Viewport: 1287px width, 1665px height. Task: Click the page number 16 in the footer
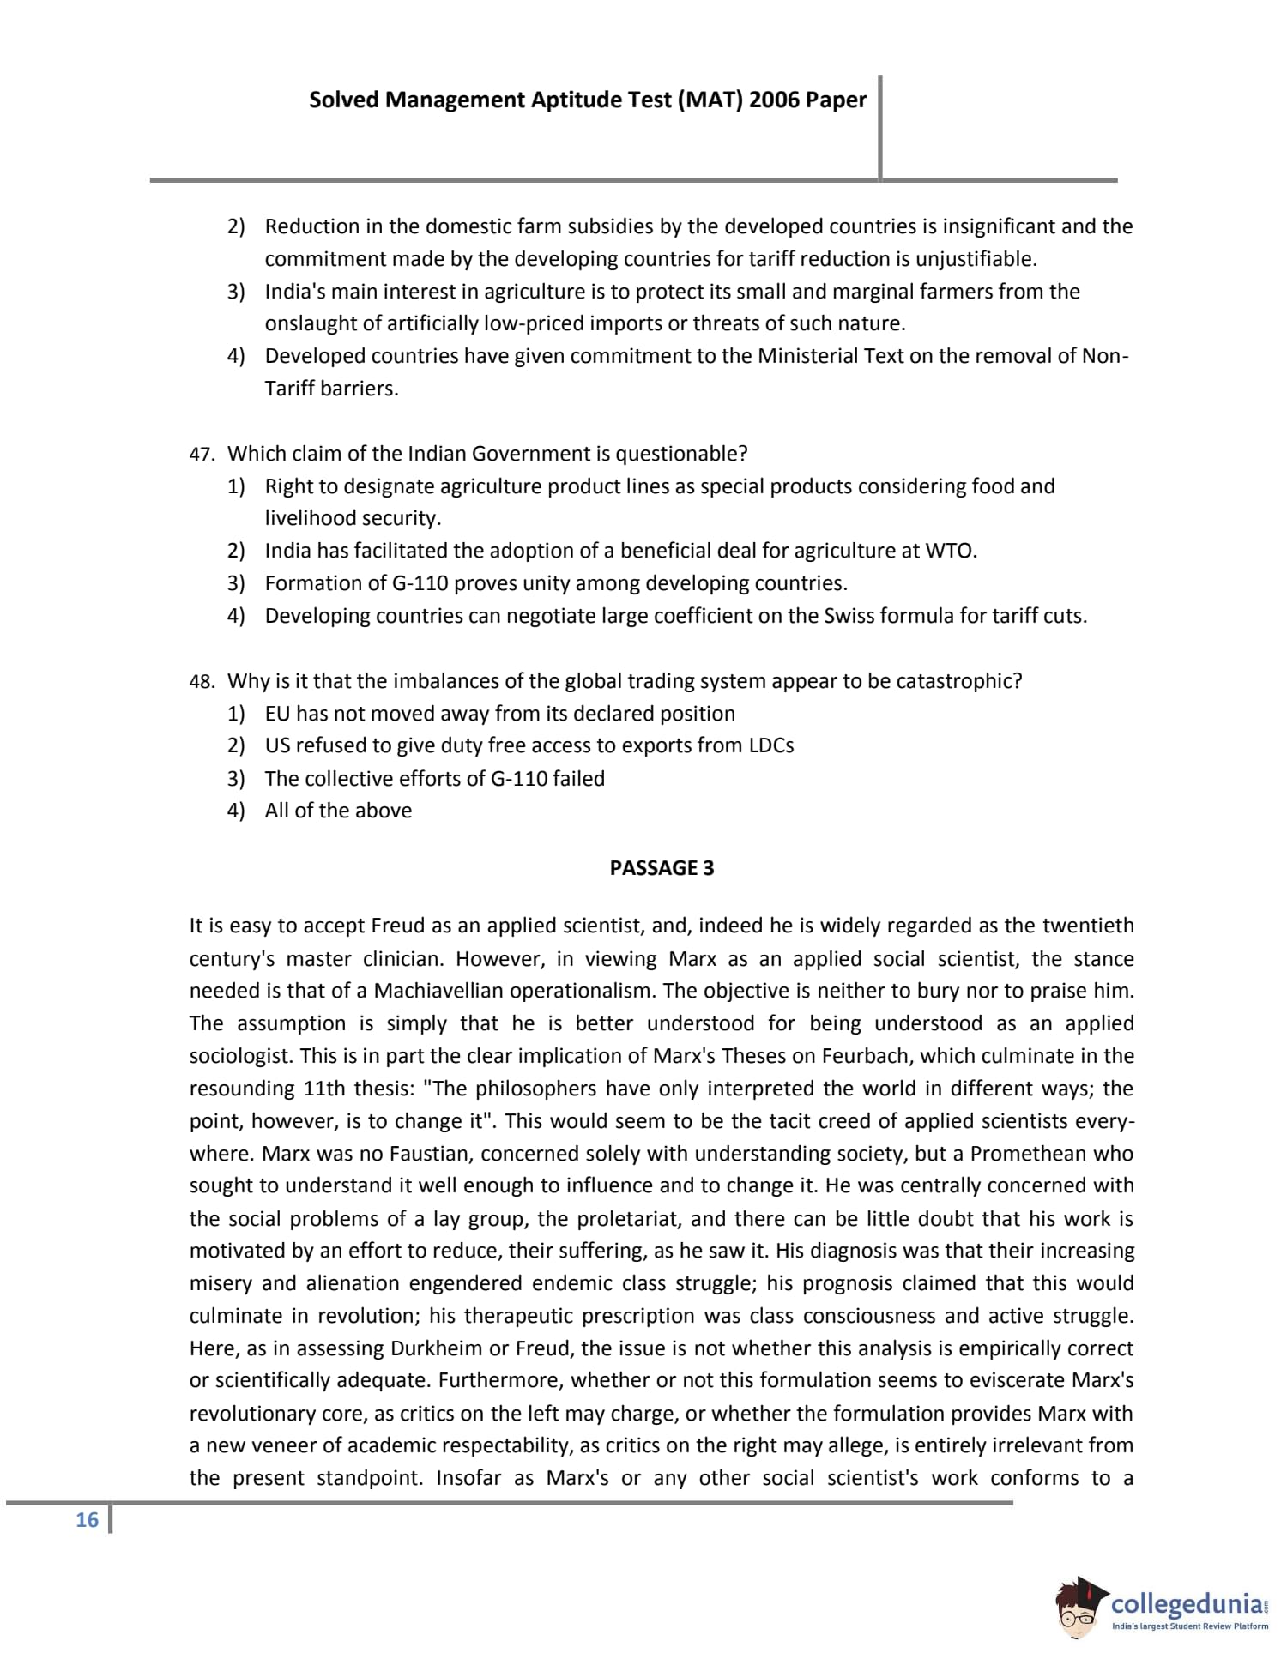87,1520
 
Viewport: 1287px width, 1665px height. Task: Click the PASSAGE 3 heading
662,868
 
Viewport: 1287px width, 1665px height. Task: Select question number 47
201,455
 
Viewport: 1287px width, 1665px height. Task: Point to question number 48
201,682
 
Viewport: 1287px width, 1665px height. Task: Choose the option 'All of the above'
338,811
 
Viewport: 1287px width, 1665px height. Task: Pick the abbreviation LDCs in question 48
770,745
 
